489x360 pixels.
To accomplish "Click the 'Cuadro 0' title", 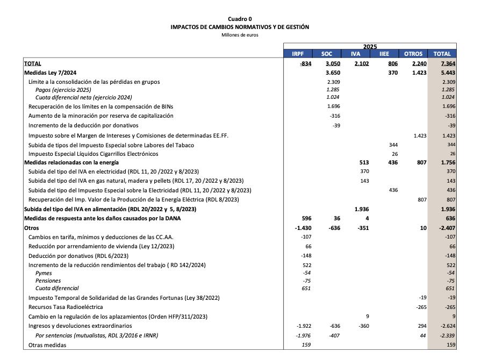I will [x=240, y=19].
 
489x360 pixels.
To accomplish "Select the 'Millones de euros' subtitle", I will [x=240, y=35].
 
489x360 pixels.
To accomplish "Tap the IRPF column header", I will [x=298, y=54].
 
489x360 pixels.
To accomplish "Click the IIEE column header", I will [x=384, y=54].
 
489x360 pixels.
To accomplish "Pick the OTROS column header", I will [x=413, y=54].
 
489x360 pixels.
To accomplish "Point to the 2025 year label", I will [x=370, y=47].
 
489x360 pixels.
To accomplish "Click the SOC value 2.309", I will [x=334, y=82].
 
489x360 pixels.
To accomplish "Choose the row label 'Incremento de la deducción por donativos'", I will [x=83, y=125].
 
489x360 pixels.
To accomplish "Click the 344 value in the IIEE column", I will [x=393, y=145].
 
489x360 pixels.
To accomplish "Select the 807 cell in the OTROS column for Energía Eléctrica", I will [x=421, y=199].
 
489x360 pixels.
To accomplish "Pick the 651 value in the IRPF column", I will [x=307, y=288].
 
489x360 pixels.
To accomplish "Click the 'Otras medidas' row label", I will [x=47, y=345].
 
